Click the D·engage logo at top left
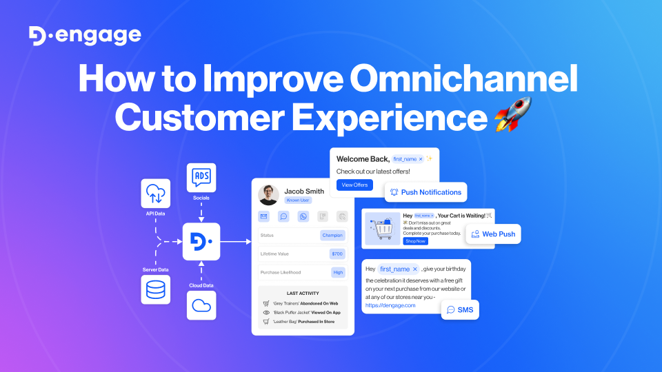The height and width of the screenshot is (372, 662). pyautogui.click(x=85, y=36)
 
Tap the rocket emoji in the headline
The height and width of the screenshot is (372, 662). pyautogui.click(x=513, y=115)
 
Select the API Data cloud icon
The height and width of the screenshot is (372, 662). pyautogui.click(x=156, y=193)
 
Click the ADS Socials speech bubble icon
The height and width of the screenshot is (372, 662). pyautogui.click(x=201, y=178)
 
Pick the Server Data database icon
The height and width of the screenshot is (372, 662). pyautogui.click(x=156, y=289)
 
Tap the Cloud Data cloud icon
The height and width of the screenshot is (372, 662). pyautogui.click(x=201, y=305)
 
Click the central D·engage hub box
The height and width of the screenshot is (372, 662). pyautogui.click(x=201, y=241)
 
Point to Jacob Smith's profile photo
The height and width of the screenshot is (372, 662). pyautogui.click(x=268, y=195)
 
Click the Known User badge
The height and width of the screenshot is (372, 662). pyautogui.click(x=298, y=200)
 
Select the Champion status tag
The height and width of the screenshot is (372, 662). pyautogui.click(x=332, y=235)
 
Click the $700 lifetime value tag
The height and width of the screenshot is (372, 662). pyautogui.click(x=337, y=254)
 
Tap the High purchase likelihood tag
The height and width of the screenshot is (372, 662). pyautogui.click(x=338, y=272)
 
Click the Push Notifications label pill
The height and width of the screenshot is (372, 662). pyautogui.click(x=426, y=192)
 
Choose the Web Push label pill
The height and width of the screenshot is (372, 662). pyautogui.click(x=493, y=234)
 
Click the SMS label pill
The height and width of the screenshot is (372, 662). pyautogui.click(x=460, y=310)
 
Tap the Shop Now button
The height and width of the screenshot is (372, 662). pyautogui.click(x=415, y=241)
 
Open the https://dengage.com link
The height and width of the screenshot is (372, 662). pyautogui.click(x=390, y=305)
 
